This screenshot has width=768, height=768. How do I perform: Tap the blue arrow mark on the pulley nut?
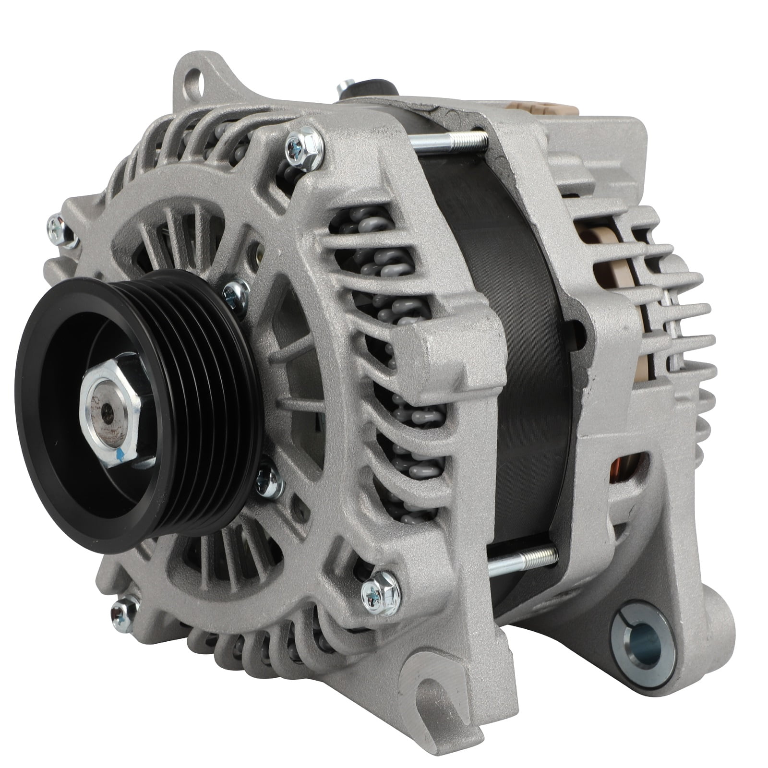point(120,454)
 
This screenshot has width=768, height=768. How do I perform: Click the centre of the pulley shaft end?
point(107,411)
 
